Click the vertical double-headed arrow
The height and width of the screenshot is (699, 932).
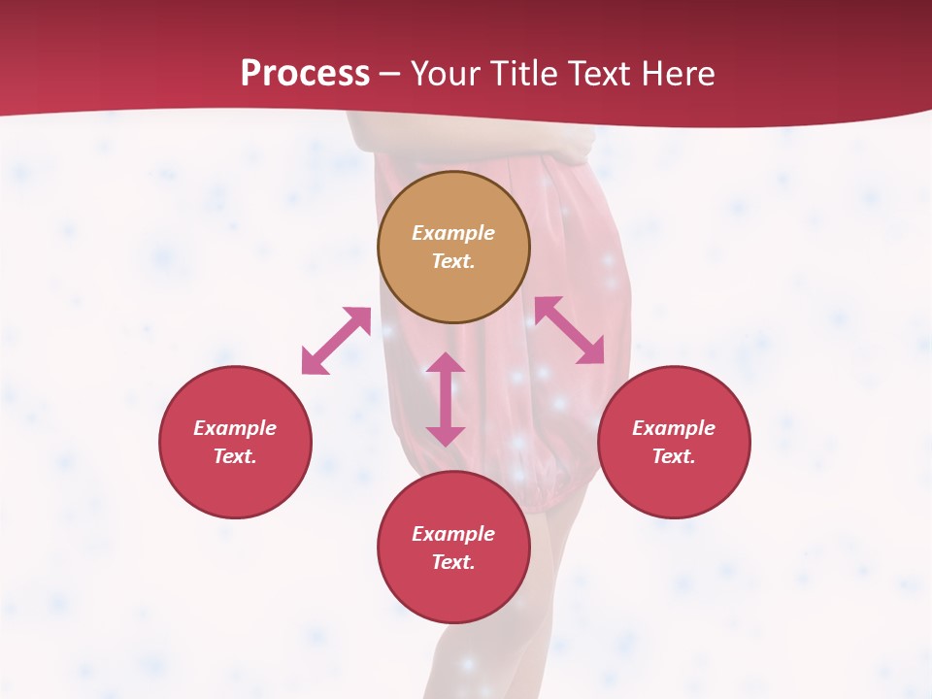[446, 399]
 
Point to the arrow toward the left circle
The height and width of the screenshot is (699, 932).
[336, 341]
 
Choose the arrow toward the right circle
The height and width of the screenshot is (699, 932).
[569, 330]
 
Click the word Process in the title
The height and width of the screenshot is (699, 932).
[305, 73]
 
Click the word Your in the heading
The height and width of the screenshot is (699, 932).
[442, 73]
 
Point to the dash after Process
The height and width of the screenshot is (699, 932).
[389, 74]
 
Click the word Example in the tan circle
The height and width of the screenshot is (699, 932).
[453, 233]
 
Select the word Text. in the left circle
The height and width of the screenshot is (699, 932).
[235, 456]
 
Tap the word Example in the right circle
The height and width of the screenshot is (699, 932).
[674, 428]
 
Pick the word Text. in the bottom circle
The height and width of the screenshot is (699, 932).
[453, 562]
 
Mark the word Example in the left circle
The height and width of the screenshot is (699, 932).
[235, 428]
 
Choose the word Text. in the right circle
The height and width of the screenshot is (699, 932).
[674, 456]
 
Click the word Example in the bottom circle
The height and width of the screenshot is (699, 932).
[453, 534]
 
